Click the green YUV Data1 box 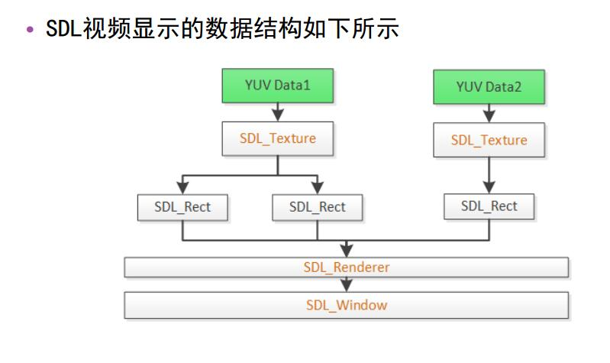coord(277,86)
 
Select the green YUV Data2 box coord(489,86)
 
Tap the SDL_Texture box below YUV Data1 coord(277,139)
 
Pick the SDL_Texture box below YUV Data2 coord(489,141)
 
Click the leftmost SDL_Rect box coord(182,206)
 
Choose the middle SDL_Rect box coord(317,206)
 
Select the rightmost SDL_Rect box coord(489,206)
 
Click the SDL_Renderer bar coord(346,267)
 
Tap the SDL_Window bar coord(346,305)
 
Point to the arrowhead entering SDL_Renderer coord(347,251)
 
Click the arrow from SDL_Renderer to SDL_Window coord(347,284)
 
